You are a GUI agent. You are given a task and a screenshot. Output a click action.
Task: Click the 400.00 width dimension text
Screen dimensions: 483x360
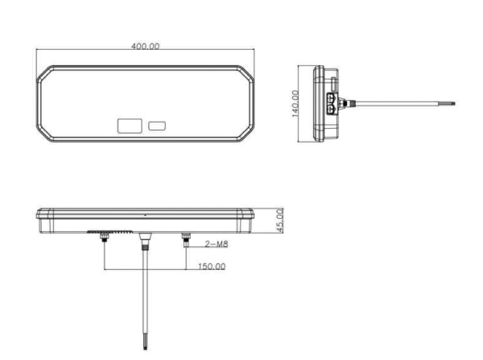146,46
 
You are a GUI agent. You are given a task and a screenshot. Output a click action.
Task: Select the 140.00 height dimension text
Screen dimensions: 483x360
295,104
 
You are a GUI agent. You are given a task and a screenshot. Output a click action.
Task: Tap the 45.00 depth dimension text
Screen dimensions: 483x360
279,221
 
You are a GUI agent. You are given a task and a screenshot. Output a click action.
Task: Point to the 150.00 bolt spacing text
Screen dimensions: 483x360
212,267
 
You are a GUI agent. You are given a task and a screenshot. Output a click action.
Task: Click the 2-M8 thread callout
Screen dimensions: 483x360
217,244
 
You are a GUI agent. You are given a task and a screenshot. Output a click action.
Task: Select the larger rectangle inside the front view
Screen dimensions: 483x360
130,126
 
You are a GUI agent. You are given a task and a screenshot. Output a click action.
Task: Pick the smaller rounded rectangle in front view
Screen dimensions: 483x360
157,126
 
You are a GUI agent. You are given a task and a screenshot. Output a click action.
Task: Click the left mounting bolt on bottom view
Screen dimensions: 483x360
105,238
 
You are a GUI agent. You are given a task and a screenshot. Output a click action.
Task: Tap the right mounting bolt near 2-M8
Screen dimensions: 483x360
186,239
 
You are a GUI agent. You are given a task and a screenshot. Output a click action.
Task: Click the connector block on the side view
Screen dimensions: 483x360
332,103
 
